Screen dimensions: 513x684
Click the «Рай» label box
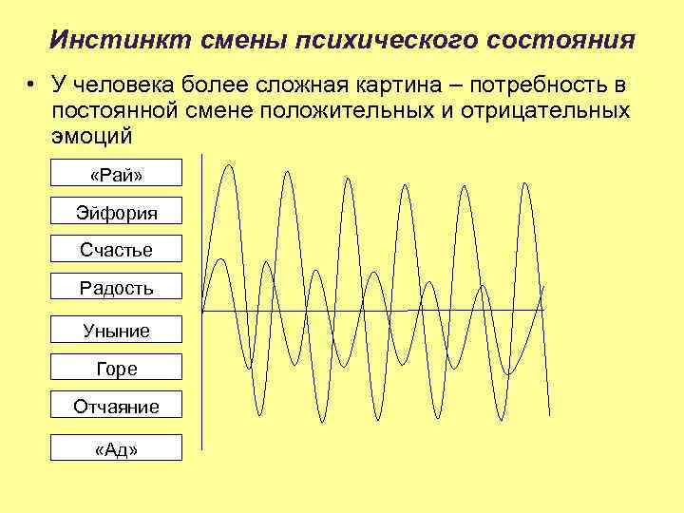[x=117, y=174]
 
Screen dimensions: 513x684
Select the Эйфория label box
[x=117, y=212]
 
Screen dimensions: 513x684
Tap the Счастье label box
[x=117, y=250]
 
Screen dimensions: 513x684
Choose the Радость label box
[x=117, y=288]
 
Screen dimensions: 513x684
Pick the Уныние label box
[x=117, y=331]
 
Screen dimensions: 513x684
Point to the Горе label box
[x=117, y=369]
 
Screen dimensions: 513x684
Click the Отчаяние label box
[x=117, y=407]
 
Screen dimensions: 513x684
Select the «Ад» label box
[x=117, y=448]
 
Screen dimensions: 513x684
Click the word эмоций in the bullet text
[x=92, y=136]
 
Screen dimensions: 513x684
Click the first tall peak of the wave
[x=228, y=167]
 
